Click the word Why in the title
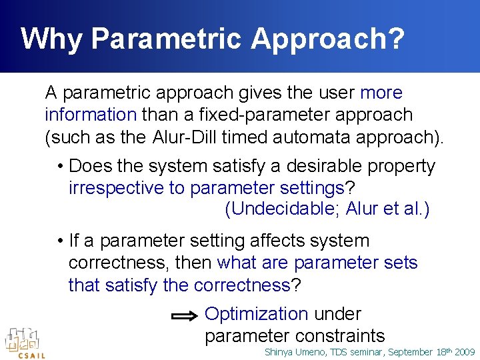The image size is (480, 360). tap(52, 39)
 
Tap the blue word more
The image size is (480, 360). tap(381, 93)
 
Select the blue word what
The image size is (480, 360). tap(237, 263)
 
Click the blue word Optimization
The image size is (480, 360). tap(257, 314)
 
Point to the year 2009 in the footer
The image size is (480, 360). tap(464, 352)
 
